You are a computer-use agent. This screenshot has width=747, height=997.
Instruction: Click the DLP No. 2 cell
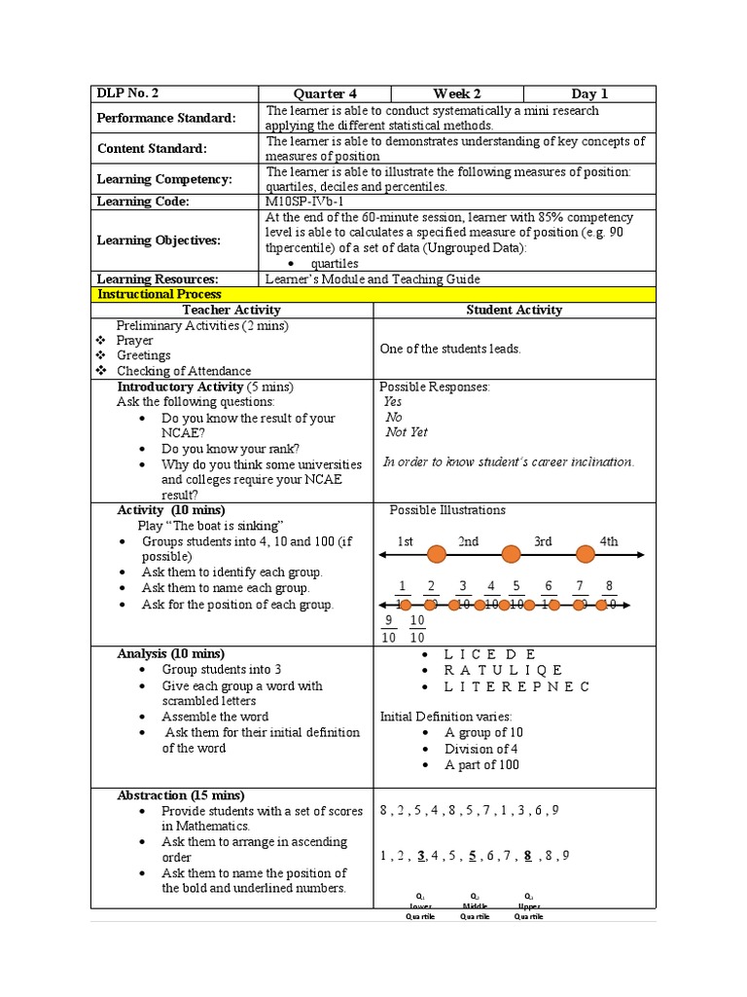coord(127,93)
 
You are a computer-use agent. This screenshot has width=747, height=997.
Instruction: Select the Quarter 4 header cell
coord(326,93)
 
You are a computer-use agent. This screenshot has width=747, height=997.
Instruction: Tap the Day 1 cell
coord(588,93)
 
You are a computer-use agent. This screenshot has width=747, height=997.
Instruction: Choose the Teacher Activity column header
coord(231,310)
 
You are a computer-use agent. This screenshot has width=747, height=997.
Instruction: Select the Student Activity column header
coord(515,310)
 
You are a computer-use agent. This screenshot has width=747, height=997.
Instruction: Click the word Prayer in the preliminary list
coord(135,341)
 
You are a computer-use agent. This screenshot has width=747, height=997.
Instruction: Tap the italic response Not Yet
coord(407,432)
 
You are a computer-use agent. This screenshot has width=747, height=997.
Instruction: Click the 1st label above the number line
coord(406,541)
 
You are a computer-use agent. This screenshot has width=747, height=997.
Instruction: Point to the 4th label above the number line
coord(608,541)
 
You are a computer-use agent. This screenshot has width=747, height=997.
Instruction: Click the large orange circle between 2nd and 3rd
coord(511,555)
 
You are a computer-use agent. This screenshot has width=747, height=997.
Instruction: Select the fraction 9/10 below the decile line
coord(388,629)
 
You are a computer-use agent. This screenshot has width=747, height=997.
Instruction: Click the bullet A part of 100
coord(481,764)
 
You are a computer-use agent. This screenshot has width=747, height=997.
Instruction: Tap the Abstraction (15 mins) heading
coord(181,795)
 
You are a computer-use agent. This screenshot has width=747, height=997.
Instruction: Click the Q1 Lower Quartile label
coord(421,905)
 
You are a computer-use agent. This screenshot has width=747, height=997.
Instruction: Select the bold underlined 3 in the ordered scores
coord(421,856)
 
